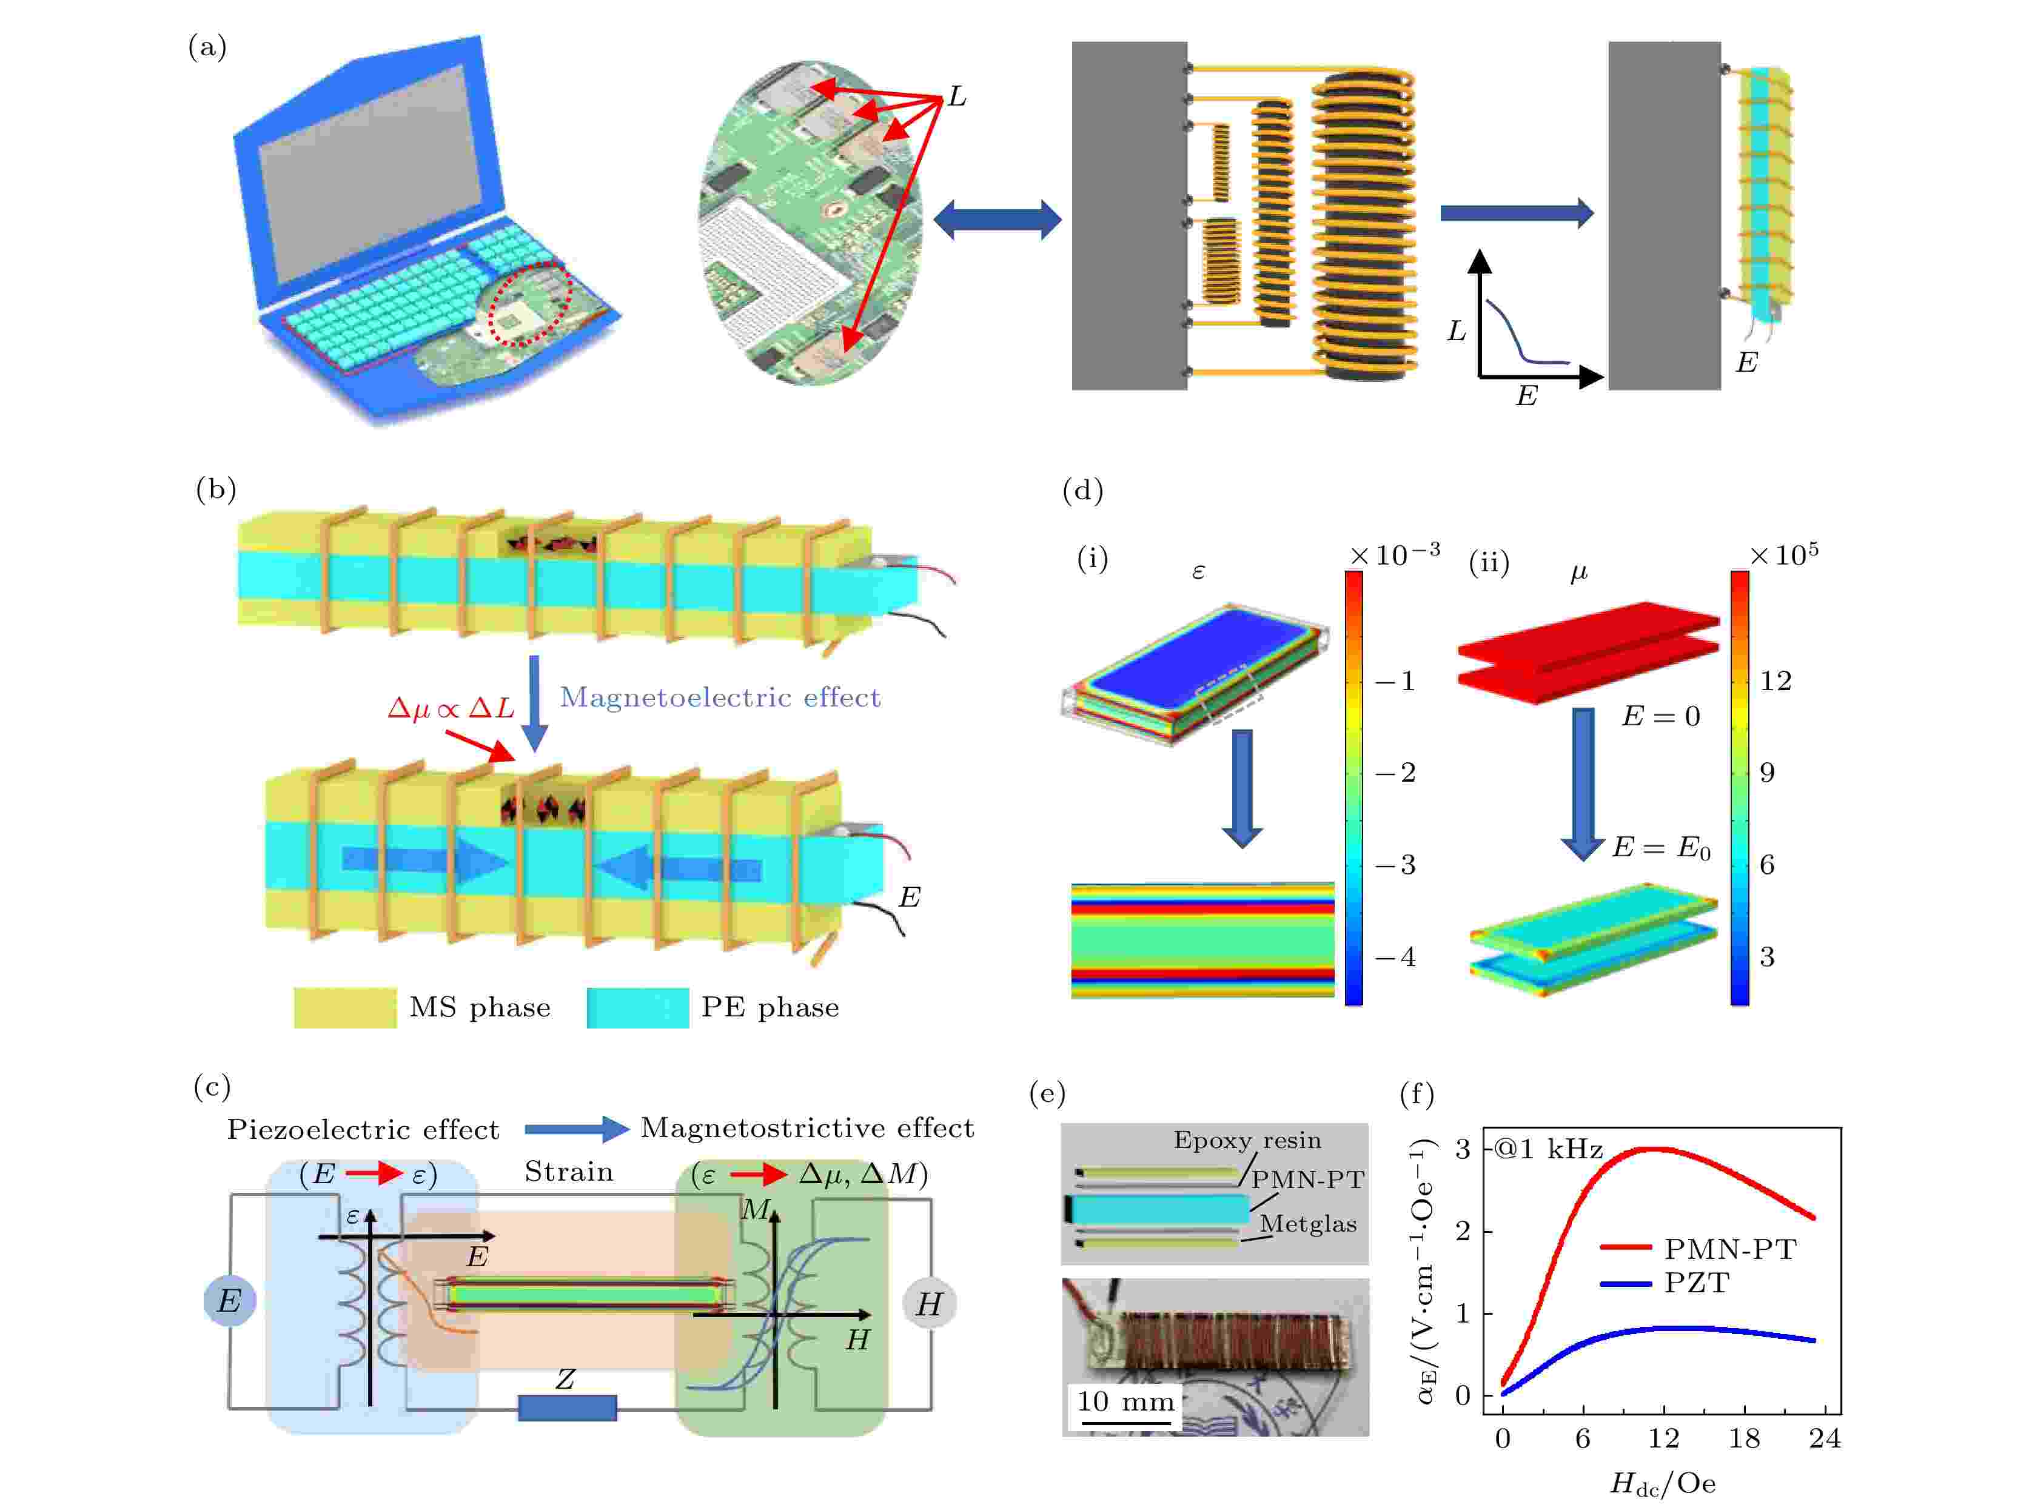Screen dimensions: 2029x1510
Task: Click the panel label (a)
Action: pos(207,47)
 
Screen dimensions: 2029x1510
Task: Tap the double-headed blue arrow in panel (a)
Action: pos(997,220)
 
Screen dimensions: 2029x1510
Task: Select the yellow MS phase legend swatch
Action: pos(344,1007)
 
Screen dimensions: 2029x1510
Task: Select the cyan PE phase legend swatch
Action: pos(637,1007)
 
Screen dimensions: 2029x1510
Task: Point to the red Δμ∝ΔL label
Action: pos(451,708)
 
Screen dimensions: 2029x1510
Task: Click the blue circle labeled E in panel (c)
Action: pos(229,1300)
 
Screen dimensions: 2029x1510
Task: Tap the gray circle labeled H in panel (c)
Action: pos(928,1303)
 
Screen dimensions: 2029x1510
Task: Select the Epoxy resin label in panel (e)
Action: pos(1247,1141)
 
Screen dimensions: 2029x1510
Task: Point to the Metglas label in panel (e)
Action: pos(1308,1224)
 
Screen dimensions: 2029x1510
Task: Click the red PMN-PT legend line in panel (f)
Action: pos(1626,1247)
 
